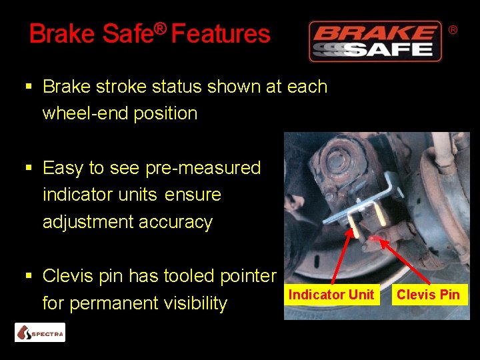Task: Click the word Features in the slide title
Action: click(x=221, y=33)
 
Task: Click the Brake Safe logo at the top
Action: click(x=375, y=41)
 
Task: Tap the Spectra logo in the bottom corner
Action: click(x=40, y=332)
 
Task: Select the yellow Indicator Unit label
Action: click(x=331, y=295)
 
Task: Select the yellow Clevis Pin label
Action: click(x=428, y=295)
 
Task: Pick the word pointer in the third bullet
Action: click(x=246, y=276)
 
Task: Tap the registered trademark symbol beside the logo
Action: click(x=453, y=30)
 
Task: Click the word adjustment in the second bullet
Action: click(x=85, y=222)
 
